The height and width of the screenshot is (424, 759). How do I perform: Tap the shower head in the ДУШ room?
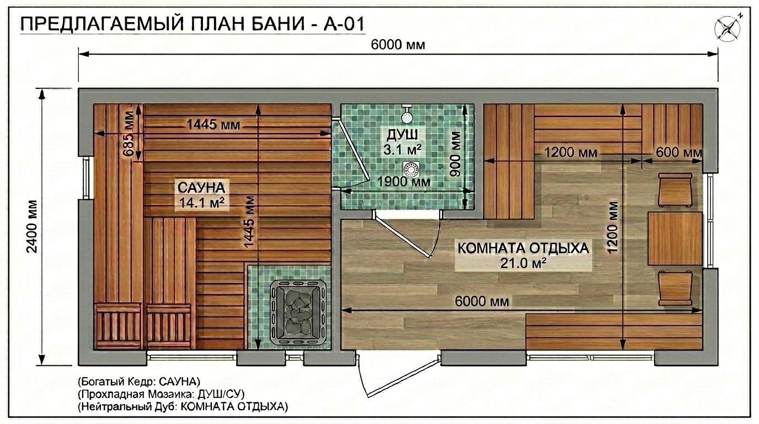click(x=407, y=115)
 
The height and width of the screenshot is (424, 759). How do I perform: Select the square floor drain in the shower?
click(x=411, y=169)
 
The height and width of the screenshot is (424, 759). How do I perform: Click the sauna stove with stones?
click(x=298, y=312)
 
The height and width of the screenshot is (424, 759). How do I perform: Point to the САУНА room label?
click(x=201, y=188)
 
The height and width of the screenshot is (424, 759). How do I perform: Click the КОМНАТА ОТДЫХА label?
click(x=523, y=248)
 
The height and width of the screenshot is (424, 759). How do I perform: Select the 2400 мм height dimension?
click(x=33, y=226)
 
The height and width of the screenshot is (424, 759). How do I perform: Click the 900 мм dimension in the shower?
click(x=456, y=153)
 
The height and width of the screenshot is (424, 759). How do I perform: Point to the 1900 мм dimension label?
click(x=404, y=182)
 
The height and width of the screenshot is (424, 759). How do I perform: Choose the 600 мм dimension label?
click(x=678, y=152)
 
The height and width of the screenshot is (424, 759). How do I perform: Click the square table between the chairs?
click(x=675, y=239)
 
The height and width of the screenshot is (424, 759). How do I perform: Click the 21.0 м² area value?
click(x=523, y=263)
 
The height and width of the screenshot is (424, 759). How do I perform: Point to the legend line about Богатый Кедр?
click(x=139, y=381)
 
